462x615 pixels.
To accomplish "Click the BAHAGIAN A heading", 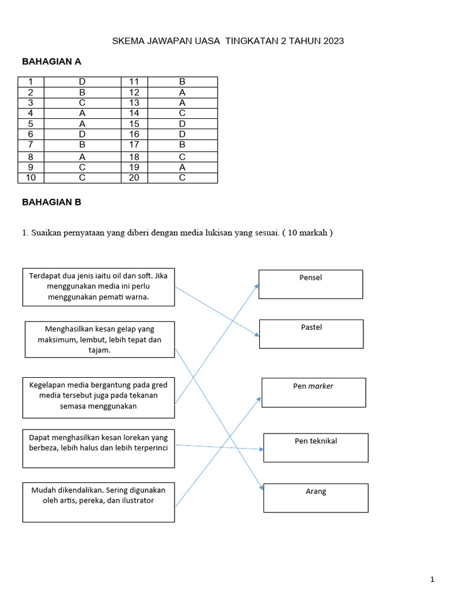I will pyautogui.click(x=52, y=61).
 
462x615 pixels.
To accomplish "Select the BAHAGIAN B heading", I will pyautogui.click(x=52, y=202).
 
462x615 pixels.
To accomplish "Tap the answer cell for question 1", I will pyautogui.click(x=82, y=82).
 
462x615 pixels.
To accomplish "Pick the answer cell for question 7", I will pyautogui.click(x=82, y=145).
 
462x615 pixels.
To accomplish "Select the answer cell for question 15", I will pyautogui.click(x=182, y=124).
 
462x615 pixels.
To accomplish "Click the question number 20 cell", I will pyautogui.click(x=134, y=178).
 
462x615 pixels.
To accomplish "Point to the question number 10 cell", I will pyautogui.click(x=31, y=178).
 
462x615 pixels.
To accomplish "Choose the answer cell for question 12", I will pyautogui.click(x=182, y=92).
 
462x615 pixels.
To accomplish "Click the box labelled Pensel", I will pyautogui.click(x=310, y=284).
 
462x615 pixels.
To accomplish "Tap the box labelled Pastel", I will pyautogui.click(x=311, y=334).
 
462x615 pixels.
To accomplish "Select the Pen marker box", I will pyautogui.click(x=313, y=392).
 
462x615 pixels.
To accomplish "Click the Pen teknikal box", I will pyautogui.click(x=316, y=447).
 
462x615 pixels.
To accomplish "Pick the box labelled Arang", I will pyautogui.click(x=316, y=498).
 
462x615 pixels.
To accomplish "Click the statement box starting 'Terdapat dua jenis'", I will pyautogui.click(x=99, y=287).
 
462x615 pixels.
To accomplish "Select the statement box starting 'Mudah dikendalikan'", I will pyautogui.click(x=99, y=502).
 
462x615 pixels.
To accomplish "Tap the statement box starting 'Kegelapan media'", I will pyautogui.click(x=99, y=398).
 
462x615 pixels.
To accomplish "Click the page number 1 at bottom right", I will pyautogui.click(x=432, y=580).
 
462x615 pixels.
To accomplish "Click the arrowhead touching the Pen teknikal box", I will pyautogui.click(x=261, y=449).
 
